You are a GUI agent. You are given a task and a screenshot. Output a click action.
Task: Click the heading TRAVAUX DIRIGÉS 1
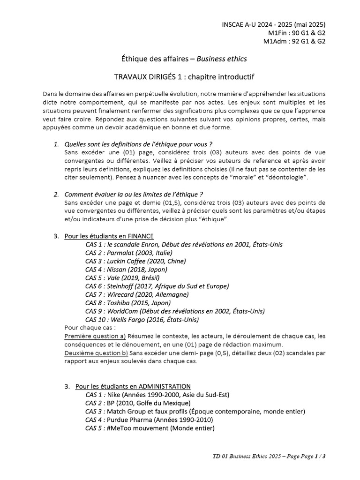pos(184,76)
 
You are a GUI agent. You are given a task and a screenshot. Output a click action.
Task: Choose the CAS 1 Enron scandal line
pos(184,245)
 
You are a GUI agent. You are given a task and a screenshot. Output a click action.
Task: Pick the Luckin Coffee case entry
pos(135,261)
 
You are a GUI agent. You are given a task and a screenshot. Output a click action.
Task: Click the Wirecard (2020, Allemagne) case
pos(137,294)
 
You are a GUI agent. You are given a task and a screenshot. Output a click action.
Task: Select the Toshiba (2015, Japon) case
pos(128,303)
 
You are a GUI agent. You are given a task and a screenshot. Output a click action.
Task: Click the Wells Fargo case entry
pos(142,320)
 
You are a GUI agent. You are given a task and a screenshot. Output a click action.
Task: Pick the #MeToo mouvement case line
pos(150,428)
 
